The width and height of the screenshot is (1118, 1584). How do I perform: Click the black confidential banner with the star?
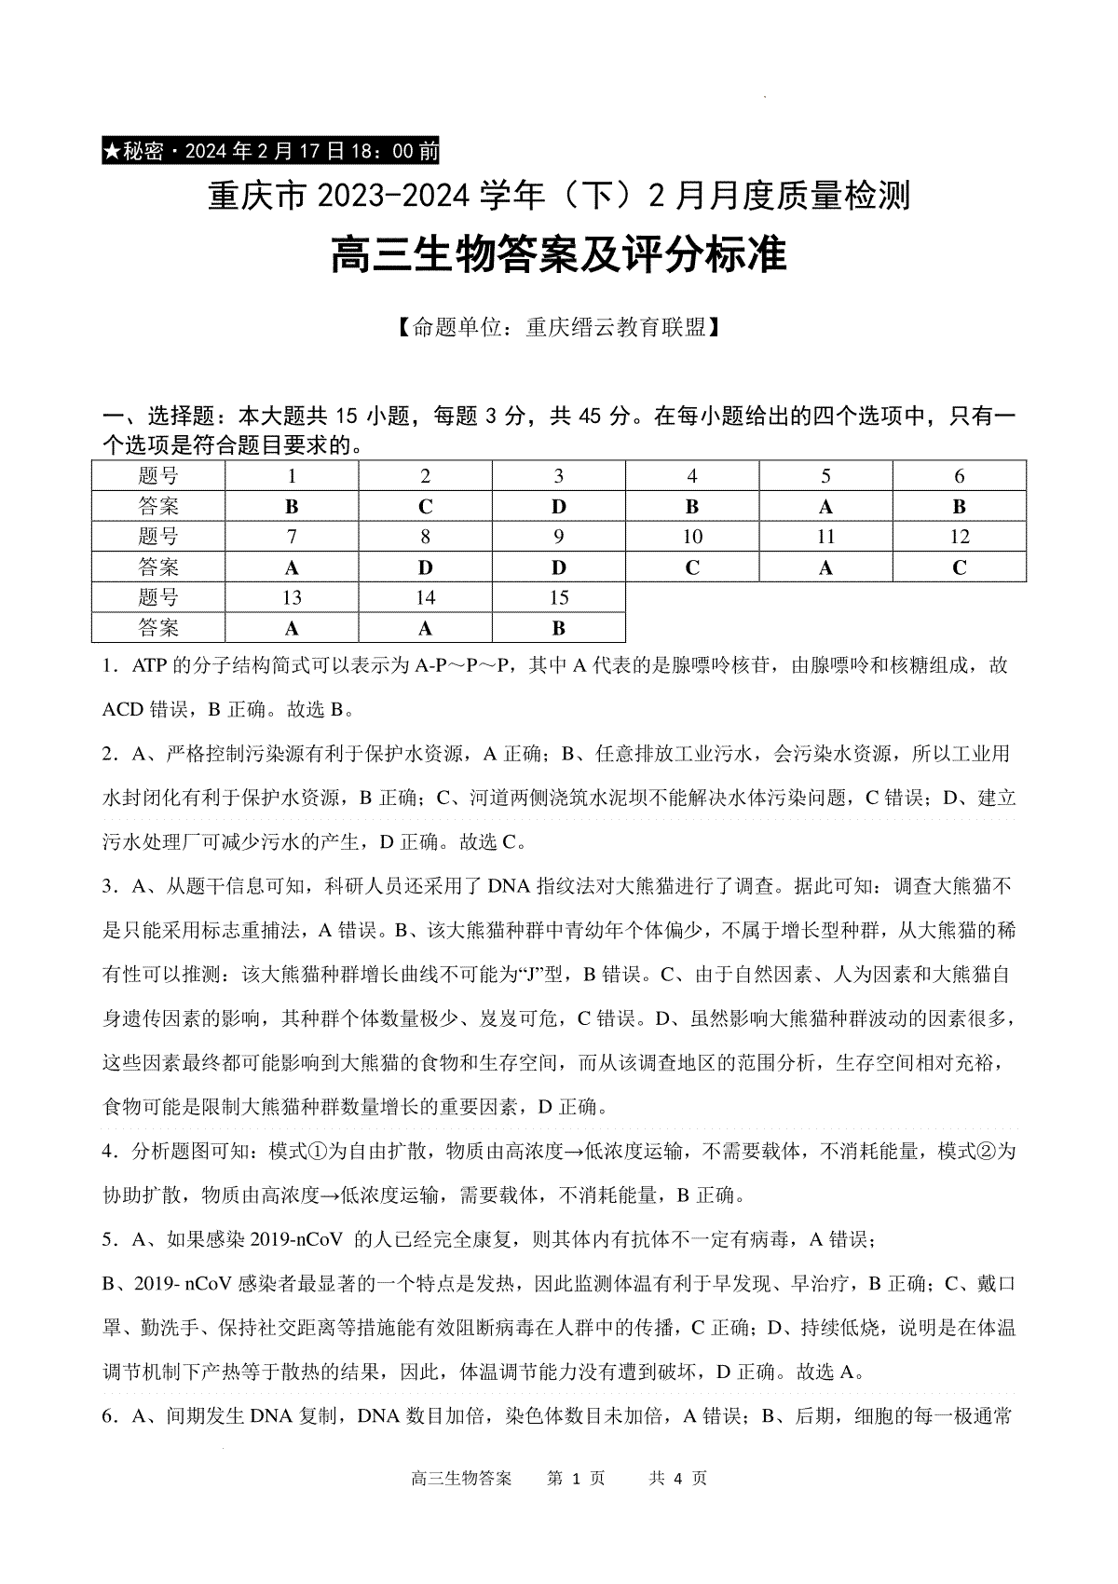coord(270,151)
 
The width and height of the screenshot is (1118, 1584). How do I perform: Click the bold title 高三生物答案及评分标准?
coord(559,254)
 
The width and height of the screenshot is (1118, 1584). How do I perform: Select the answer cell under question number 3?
coord(558,506)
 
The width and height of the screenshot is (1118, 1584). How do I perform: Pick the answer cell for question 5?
coord(825,506)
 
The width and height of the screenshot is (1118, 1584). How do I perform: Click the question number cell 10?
coord(692,537)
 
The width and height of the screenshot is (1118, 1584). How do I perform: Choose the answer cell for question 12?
coord(960,567)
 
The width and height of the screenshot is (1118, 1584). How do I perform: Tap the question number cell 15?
coord(558,597)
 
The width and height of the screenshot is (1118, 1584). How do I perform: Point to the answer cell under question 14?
coord(425,628)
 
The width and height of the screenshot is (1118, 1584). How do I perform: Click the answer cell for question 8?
coord(425,567)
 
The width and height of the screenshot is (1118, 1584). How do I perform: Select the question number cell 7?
coord(292,537)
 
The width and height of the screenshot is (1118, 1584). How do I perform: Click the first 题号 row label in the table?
coord(158,476)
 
